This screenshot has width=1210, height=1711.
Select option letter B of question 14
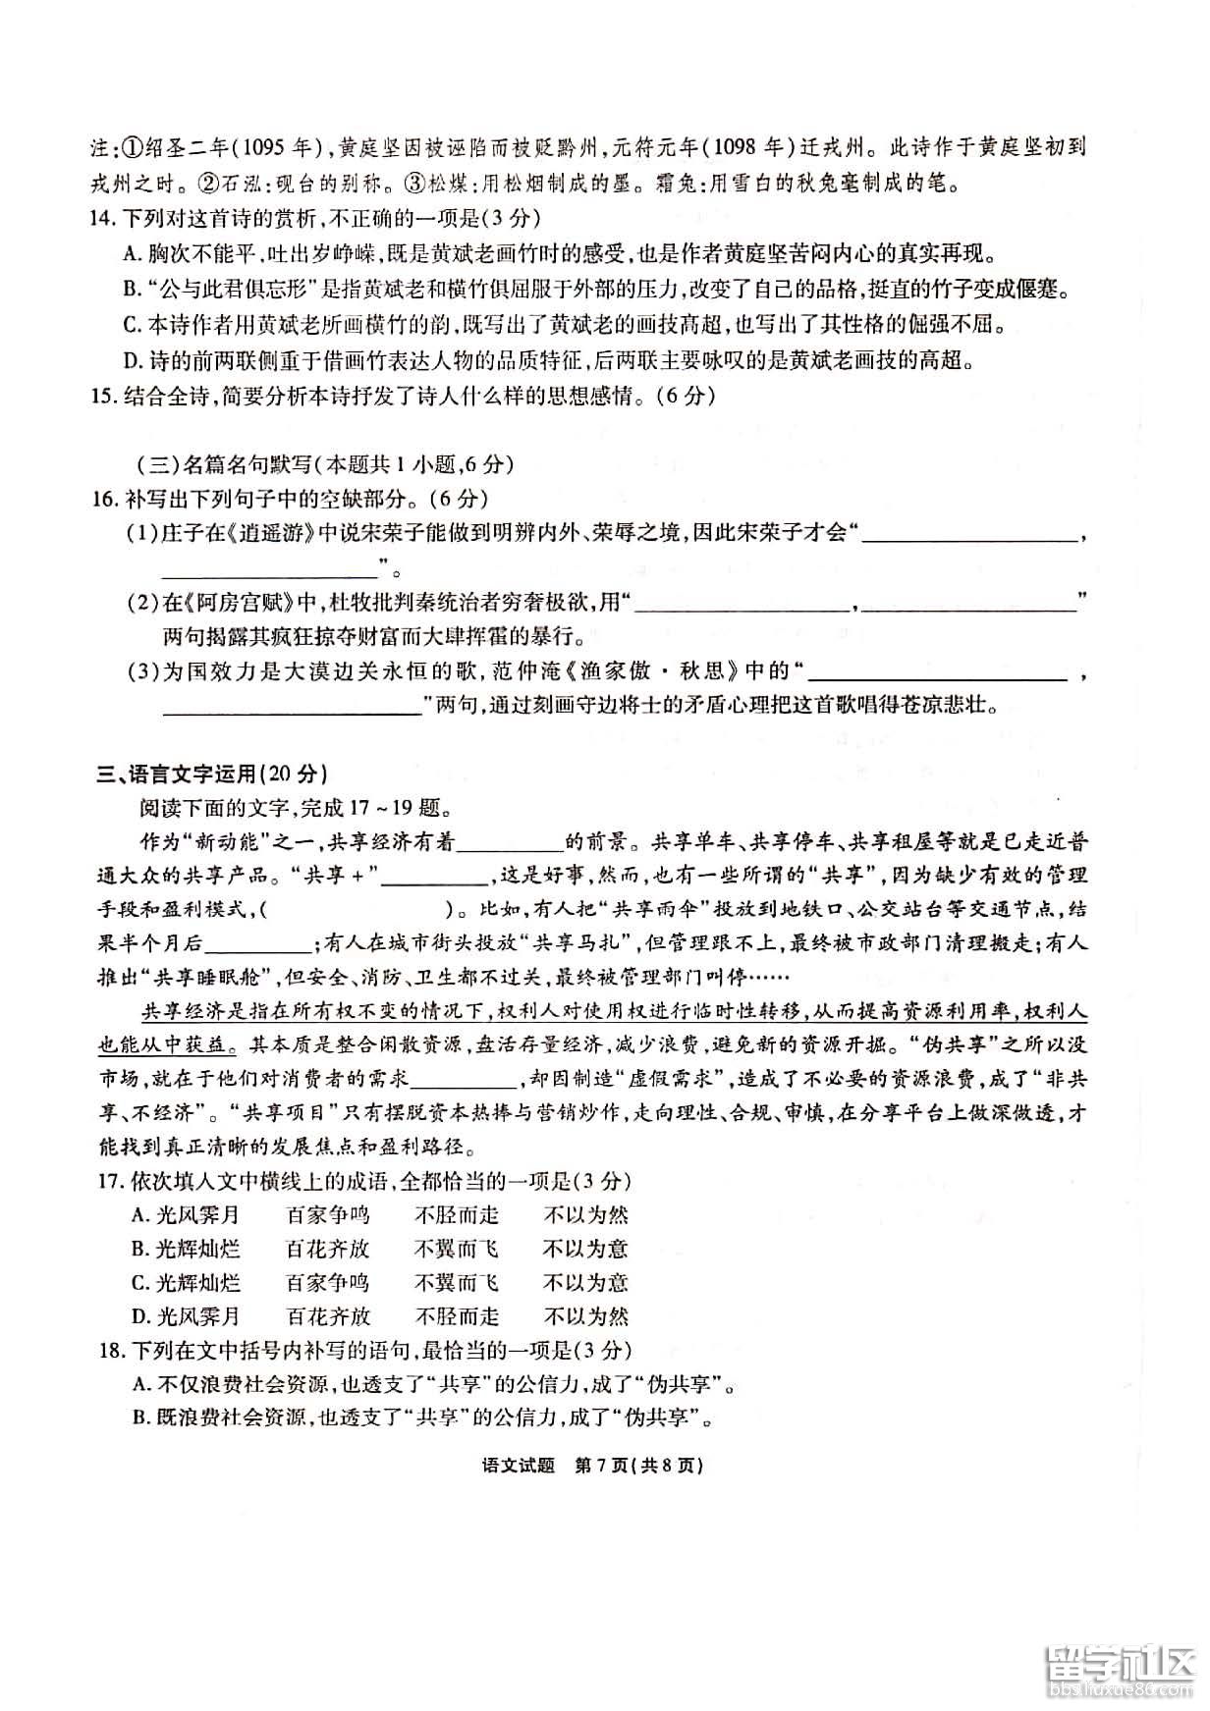click(132, 290)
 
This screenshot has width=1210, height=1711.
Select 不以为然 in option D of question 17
click(585, 1316)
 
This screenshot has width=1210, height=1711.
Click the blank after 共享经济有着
click(509, 842)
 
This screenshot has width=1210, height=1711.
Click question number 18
click(108, 1351)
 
